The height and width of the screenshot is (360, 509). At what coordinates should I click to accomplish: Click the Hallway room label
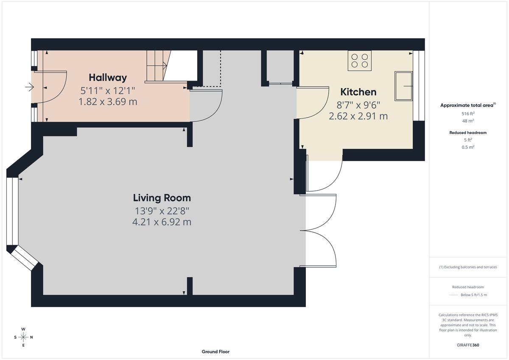(x=108, y=78)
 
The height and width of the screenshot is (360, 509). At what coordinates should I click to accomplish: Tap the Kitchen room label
(x=358, y=92)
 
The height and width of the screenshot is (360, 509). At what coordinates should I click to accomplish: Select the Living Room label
(x=162, y=198)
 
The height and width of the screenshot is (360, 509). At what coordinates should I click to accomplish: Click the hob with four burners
(x=359, y=60)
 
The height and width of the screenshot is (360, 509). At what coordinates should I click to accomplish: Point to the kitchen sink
(x=403, y=86)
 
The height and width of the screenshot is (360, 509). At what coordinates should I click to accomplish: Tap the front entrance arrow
(x=29, y=87)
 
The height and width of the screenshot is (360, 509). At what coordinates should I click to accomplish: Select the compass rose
(x=23, y=337)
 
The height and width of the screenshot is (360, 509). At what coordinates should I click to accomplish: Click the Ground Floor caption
(x=215, y=352)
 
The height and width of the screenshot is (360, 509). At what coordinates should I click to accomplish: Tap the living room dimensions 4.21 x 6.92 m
(x=162, y=221)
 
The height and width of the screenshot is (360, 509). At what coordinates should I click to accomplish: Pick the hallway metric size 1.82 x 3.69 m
(x=108, y=102)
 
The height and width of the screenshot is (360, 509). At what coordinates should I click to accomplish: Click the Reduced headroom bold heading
(x=468, y=133)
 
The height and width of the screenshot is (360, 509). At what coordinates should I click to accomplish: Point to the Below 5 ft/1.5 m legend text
(x=473, y=295)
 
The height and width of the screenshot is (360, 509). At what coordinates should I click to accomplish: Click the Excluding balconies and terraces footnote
(x=468, y=267)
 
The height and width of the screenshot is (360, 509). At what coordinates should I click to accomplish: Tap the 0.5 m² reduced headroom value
(x=468, y=147)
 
